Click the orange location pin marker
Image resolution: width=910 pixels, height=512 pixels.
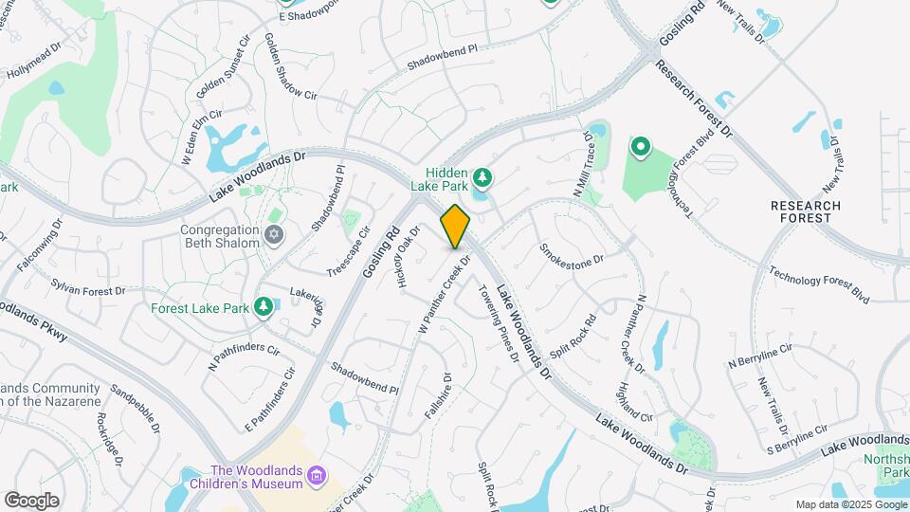pyautogui.click(x=455, y=226)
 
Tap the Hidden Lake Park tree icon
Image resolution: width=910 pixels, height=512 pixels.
pyautogui.click(x=482, y=176)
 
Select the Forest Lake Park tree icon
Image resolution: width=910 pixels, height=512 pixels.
pyautogui.click(x=263, y=306)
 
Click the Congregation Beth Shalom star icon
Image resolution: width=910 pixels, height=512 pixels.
pyautogui.click(x=274, y=234)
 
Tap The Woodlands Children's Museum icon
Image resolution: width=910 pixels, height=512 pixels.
pyautogui.click(x=318, y=476)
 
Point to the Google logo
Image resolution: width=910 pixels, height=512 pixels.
pyautogui.click(x=31, y=501)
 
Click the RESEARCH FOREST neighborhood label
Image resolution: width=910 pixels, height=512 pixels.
pyautogui.click(x=806, y=211)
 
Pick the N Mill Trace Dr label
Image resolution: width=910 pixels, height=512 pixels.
pyautogui.click(x=582, y=165)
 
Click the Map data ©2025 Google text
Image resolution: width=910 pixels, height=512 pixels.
pyautogui.click(x=849, y=504)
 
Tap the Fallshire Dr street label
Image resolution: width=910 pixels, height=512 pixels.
pyautogui.click(x=437, y=396)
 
